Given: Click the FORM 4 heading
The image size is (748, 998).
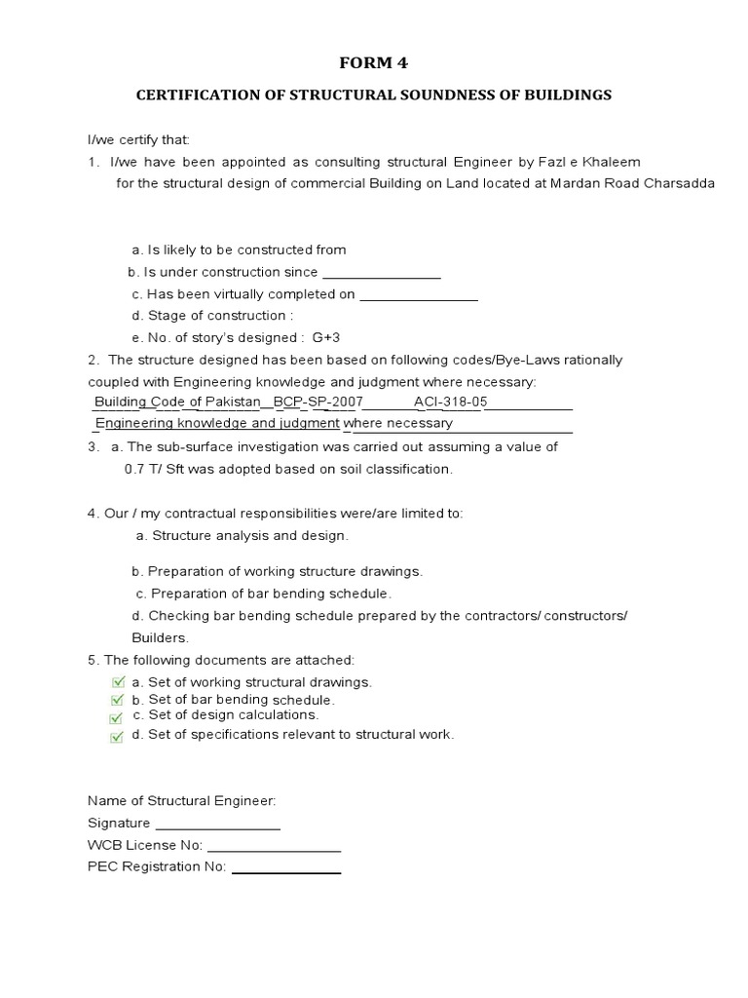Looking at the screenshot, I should [x=373, y=63].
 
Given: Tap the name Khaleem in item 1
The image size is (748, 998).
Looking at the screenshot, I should [x=612, y=161].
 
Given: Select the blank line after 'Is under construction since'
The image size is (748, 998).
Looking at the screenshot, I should [x=381, y=276].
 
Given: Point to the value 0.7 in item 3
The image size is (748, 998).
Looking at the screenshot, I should [x=134, y=469].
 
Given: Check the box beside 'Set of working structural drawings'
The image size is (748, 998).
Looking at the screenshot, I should [x=118, y=682].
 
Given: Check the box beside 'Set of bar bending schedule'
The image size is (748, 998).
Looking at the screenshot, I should [x=118, y=700].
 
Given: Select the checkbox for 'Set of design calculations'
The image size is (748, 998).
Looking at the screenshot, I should [x=118, y=717].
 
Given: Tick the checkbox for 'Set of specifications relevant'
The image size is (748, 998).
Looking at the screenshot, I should [x=118, y=736].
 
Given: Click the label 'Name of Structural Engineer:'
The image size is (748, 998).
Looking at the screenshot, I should [x=182, y=800].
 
